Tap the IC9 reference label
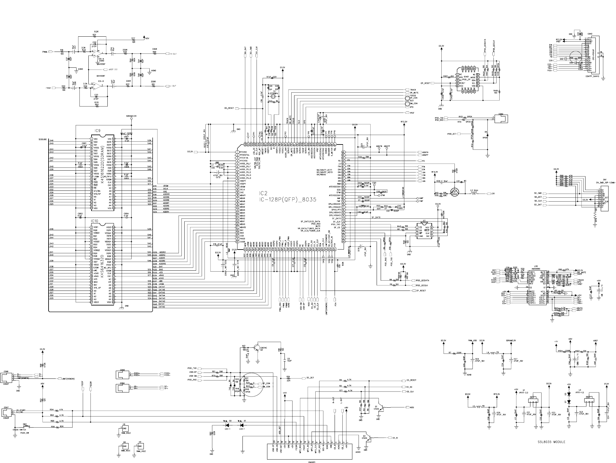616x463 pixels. click(97, 131)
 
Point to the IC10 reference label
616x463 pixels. click(95, 221)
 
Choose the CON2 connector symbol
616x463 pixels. click(501, 118)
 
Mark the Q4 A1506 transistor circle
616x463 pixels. click(455, 192)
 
